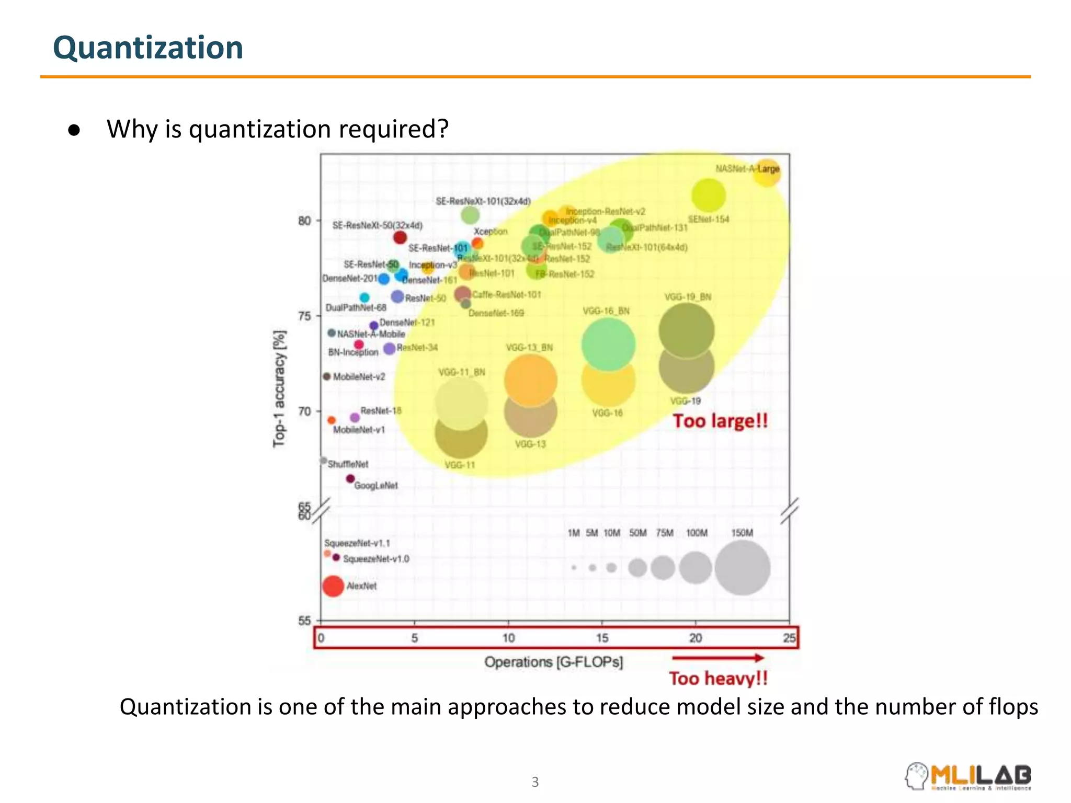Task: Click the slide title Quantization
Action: pos(148,48)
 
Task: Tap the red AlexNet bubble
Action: pos(333,586)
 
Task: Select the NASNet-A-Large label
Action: pos(747,169)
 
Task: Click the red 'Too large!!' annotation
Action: pos(720,421)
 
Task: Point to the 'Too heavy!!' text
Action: pos(719,679)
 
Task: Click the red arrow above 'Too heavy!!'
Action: pos(718,658)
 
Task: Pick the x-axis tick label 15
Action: pos(602,638)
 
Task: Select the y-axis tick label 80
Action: pos(304,221)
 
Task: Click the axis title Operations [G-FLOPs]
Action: pos(553,662)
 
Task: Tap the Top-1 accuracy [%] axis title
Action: pos(280,388)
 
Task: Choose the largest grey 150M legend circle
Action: pos(742,568)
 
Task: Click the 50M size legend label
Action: pos(637,533)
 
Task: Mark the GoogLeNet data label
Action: pos(376,486)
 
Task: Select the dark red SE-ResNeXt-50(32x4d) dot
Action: pos(400,237)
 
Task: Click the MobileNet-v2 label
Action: pos(359,377)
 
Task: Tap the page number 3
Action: pos(535,782)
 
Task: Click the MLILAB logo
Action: pos(968,776)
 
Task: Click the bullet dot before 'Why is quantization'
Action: pos(74,130)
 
